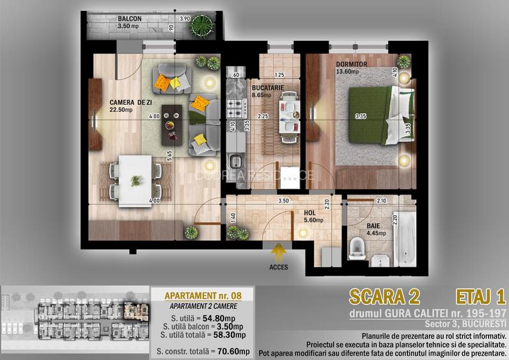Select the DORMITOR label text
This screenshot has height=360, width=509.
(350, 65)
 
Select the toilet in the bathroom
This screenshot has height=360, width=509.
(356, 247)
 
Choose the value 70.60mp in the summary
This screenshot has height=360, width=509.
(230, 351)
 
